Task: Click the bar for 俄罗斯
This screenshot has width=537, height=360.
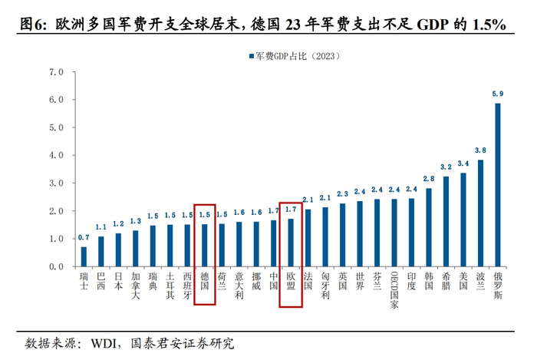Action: (498, 185)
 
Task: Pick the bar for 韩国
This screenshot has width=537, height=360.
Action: (429, 227)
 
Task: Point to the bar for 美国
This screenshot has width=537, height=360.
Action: (463, 220)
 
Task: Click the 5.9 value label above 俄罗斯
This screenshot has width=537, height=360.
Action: (498, 94)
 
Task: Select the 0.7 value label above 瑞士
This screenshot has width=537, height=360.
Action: (84, 238)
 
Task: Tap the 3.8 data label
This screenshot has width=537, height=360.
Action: (481, 150)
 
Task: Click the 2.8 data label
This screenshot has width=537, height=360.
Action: (429, 179)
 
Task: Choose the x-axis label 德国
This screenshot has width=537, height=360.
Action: (205, 280)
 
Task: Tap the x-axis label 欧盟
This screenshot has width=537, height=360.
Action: (291, 280)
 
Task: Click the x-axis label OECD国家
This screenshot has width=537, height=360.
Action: (394, 291)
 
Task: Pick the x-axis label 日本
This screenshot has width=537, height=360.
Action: (118, 280)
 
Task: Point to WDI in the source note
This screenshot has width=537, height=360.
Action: (106, 342)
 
